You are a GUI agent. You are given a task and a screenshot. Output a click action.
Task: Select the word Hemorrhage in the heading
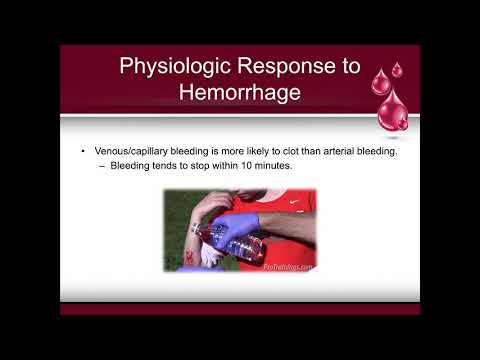tap(239, 96)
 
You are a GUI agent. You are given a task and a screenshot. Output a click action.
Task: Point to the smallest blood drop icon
tap(396, 70)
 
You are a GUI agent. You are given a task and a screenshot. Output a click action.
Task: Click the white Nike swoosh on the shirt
tap(296, 202)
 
